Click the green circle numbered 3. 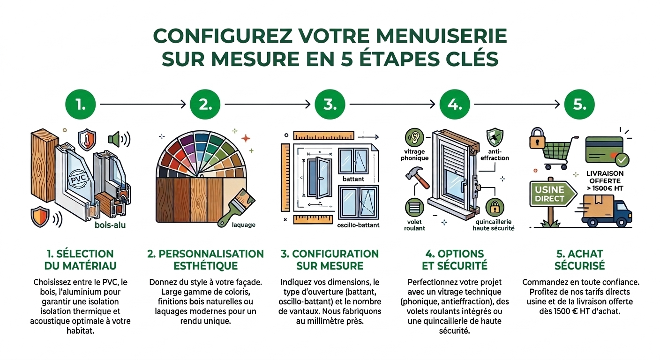330,104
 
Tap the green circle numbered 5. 579,104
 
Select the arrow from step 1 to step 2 143,104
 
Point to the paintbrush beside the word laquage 236,208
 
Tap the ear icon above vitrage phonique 414,137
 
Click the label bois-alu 110,225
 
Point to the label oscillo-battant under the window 358,225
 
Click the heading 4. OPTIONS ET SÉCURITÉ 454,260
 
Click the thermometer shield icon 87,139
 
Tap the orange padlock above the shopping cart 537,138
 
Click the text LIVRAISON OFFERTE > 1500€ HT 605,181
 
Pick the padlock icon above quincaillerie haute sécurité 495,207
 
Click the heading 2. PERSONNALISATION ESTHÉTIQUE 206,260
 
